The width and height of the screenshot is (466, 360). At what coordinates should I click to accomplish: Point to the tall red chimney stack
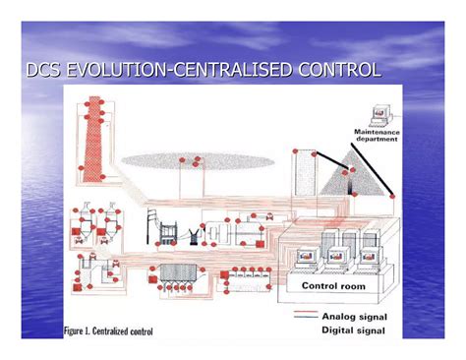tap(95, 138)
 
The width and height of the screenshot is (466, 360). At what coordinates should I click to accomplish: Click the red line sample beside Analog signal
tap(307, 315)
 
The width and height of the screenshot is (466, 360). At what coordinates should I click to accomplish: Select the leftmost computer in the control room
tap(305, 259)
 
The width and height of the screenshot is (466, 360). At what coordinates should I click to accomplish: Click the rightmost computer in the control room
tap(370, 259)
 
